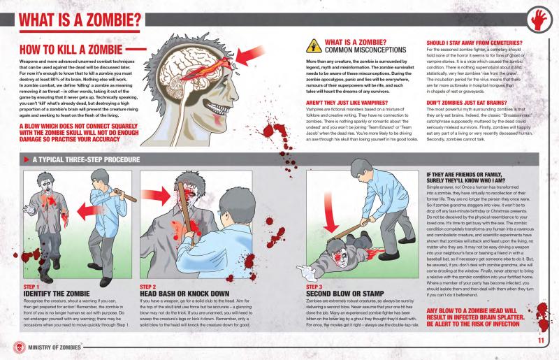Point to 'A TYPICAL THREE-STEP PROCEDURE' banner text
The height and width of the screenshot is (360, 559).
[80, 159]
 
